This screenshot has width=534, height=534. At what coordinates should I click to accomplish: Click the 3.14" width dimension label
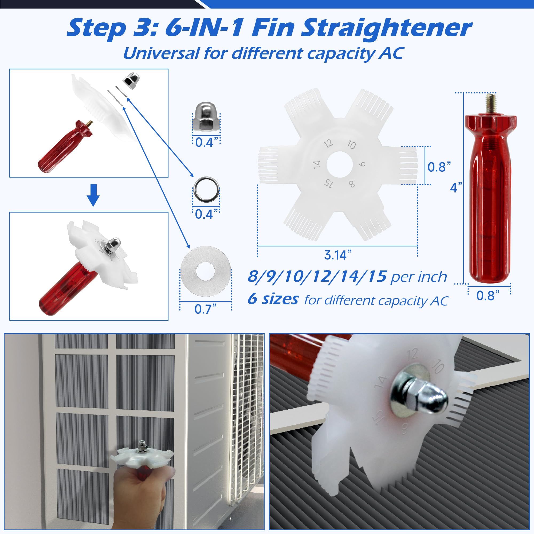click(x=338, y=255)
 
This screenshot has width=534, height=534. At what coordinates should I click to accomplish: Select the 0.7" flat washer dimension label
click(x=205, y=309)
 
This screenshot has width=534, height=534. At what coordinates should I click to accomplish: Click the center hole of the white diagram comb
click(x=339, y=164)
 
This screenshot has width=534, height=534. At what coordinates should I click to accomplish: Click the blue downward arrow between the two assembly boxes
click(x=93, y=195)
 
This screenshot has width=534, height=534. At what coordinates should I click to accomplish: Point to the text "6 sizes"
click(x=273, y=299)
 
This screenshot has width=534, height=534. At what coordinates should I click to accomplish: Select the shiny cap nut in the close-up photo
click(x=422, y=395)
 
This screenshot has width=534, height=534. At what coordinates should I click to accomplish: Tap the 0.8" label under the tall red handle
click(x=488, y=296)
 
